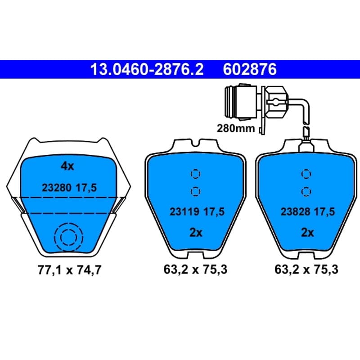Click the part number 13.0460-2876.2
(147, 69)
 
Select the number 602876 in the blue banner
(250, 69)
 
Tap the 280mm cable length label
(236, 128)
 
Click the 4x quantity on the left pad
(67, 166)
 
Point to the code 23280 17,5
(69, 188)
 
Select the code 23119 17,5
(197, 211)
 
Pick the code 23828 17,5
(308, 211)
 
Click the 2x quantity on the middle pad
(196, 233)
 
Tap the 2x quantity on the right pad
(307, 233)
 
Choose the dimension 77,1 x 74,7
(69, 270)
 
